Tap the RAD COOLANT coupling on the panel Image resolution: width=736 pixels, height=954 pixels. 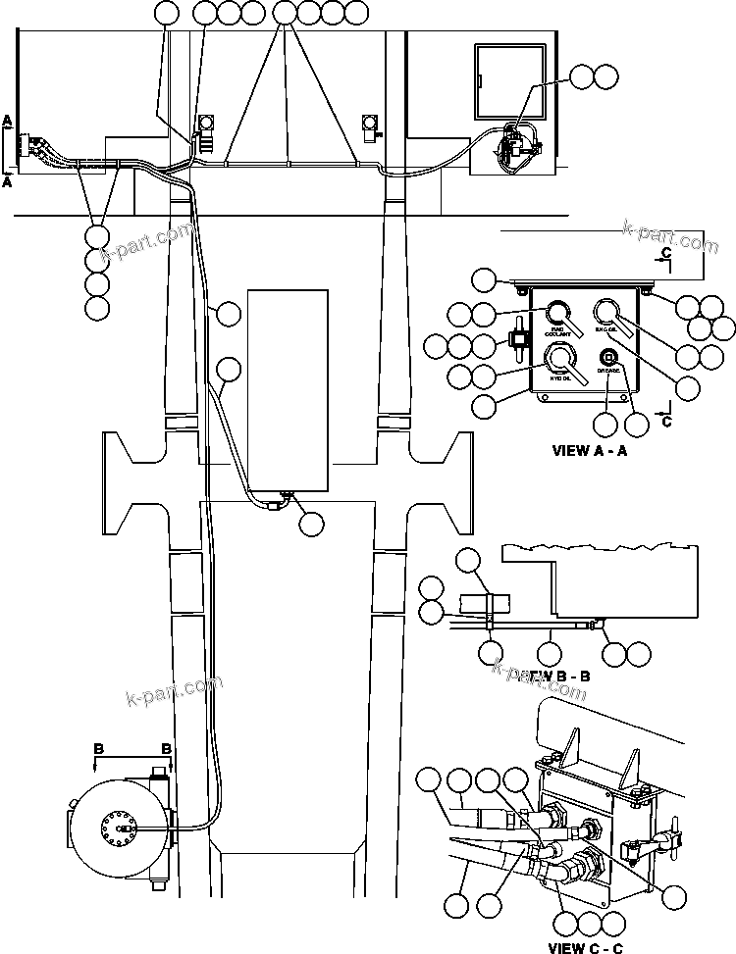(559, 313)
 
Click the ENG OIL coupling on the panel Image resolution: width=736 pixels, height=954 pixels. (607, 311)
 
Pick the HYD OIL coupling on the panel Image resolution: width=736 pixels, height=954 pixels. (560, 357)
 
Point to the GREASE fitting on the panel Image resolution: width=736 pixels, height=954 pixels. (608, 356)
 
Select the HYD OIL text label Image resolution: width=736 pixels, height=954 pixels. (560, 378)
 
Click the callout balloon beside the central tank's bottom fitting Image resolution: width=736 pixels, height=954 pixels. (312, 524)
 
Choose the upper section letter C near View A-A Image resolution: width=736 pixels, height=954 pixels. (666, 254)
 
